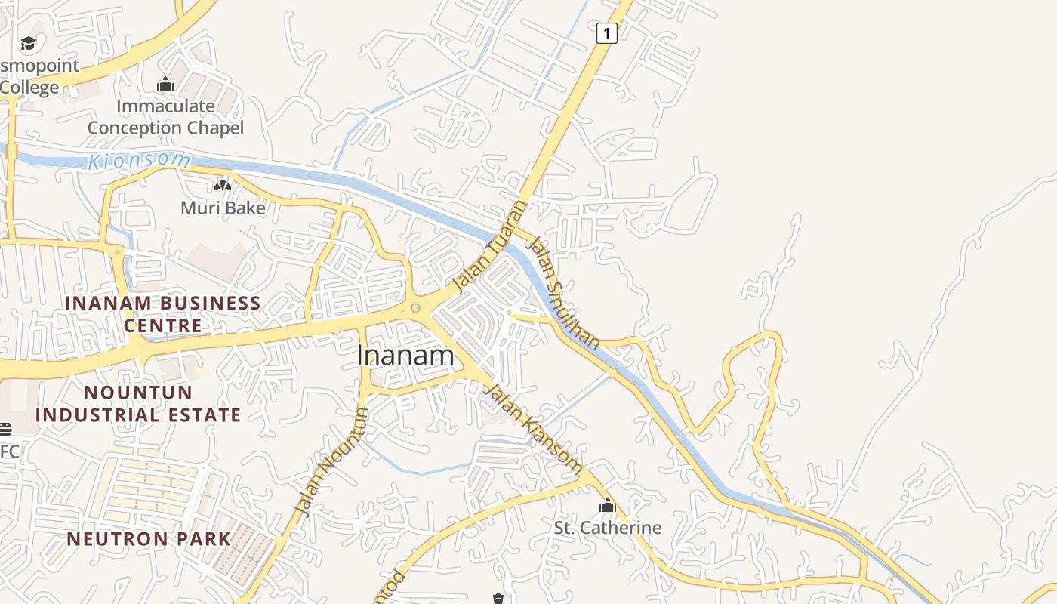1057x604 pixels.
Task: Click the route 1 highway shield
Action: pos(606,33)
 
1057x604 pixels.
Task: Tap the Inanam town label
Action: pos(405,355)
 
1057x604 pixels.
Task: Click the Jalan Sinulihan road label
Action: pos(564,293)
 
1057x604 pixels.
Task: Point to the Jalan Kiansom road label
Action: pos(532,428)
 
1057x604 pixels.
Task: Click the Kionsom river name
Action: pos(139,161)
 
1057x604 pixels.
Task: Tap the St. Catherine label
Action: pos(608,527)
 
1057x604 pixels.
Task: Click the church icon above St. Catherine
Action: pos(608,505)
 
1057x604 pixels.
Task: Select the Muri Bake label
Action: pos(223,207)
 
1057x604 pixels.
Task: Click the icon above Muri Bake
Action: pos(223,185)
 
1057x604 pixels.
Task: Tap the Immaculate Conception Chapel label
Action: pos(165,116)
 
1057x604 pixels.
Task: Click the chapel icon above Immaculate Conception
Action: pos(165,84)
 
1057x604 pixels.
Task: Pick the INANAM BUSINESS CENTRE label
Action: pos(163,314)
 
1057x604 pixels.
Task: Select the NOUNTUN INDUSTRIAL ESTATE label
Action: pos(138,403)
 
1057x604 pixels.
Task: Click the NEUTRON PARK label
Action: pos(149,538)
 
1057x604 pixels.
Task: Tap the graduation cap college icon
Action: pos(29,43)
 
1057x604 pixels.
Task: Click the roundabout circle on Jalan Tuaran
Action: pos(415,308)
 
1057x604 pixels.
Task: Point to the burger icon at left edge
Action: pos(5,430)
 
